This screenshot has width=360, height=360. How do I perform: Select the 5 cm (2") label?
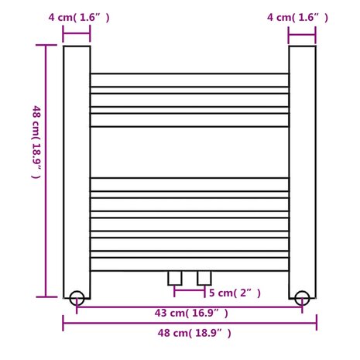[x=235, y=293]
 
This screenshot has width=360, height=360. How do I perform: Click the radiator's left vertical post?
[x=77, y=170]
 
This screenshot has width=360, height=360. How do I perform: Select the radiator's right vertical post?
[x=302, y=170]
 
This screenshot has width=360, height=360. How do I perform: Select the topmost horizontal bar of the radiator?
[x=190, y=80]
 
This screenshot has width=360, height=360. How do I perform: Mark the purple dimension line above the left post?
[x=77, y=33]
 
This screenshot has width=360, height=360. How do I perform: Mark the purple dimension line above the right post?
[x=302, y=33]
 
